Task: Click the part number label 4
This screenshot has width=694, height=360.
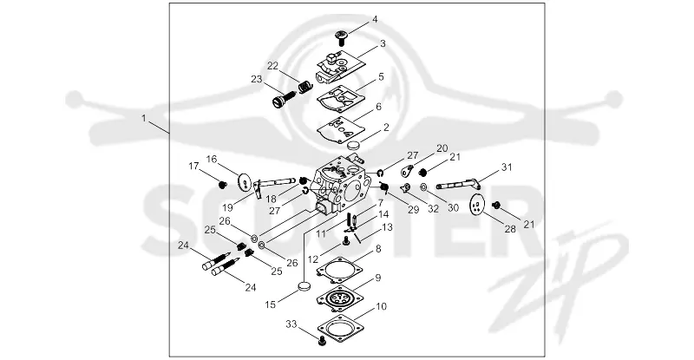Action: tap(375, 19)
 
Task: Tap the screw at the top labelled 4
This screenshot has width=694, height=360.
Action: tap(341, 37)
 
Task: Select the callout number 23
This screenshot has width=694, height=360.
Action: tap(257, 79)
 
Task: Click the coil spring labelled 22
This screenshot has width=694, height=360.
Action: tap(304, 87)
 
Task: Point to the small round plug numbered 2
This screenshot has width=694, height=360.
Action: tap(354, 146)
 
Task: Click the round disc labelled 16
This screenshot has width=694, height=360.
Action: tap(244, 182)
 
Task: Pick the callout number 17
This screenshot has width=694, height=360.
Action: tap(193, 166)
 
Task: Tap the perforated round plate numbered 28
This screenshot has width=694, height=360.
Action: tap(476, 205)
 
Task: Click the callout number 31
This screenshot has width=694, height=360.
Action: tap(507, 167)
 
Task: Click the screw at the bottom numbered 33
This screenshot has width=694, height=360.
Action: tap(322, 341)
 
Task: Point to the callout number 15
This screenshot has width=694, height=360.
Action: tap(271, 304)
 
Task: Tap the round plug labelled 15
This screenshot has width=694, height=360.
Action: tap(304, 285)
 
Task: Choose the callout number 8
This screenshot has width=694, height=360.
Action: tap(378, 249)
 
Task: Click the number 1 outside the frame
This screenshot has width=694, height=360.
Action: tap(143, 118)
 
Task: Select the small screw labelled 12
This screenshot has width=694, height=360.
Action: tap(346, 240)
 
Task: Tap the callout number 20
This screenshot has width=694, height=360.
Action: tap(442, 148)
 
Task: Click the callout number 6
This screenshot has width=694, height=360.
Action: tap(378, 107)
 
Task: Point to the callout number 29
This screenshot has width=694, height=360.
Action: tap(414, 209)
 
